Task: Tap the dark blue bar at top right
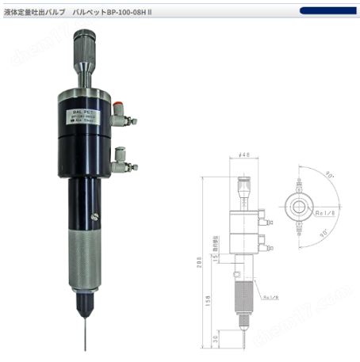click(x=327, y=11)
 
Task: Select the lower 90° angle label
click(x=323, y=234)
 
